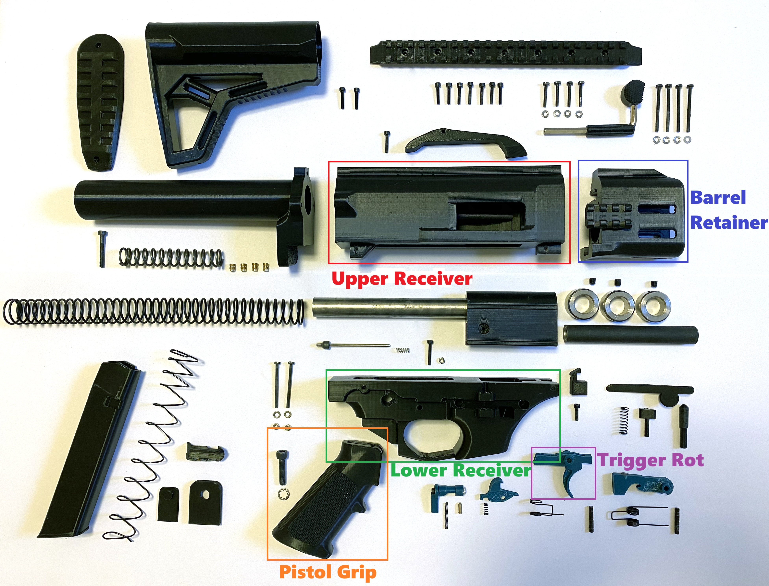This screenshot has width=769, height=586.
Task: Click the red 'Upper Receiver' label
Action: pyautogui.click(x=402, y=279)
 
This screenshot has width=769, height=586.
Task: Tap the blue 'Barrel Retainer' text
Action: pyautogui.click(x=729, y=210)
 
